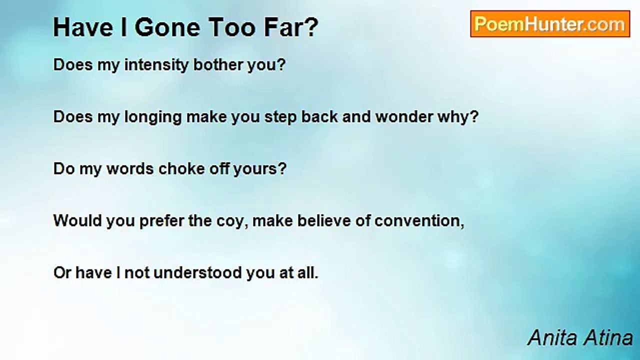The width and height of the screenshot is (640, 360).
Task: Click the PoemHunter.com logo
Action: tap(550, 24)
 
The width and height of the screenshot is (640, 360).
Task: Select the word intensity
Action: tap(156, 65)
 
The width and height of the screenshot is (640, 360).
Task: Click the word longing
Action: tap(153, 117)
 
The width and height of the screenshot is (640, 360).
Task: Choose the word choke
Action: tap(181, 169)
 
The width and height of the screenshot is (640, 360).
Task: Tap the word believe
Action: tap(324, 221)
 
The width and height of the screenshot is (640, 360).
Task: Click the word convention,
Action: tap(419, 221)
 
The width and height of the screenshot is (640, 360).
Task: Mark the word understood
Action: tap(197, 273)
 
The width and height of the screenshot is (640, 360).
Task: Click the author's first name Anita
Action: tap(552, 337)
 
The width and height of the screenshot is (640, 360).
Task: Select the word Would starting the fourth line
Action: tap(77, 221)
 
